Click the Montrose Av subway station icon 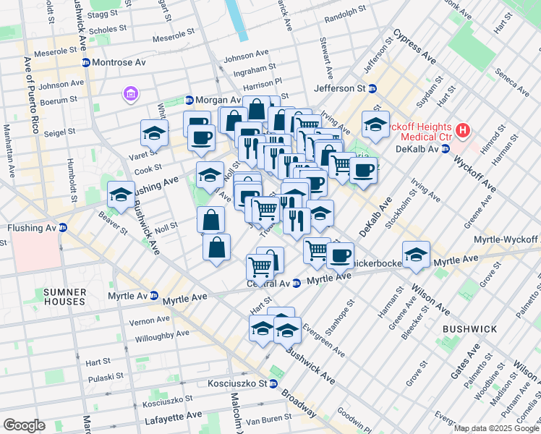point(85,63)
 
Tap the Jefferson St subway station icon point(372,88)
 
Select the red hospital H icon point(463,131)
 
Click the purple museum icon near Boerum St point(130,94)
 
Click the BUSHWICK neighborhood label point(470,329)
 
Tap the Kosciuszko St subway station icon point(274,383)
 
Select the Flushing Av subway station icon point(63,228)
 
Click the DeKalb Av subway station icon point(446,148)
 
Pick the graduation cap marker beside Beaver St point(121,194)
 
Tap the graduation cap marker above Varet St point(154,133)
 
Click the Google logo point(24,425)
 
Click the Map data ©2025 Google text point(496,428)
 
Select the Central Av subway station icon point(297,284)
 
